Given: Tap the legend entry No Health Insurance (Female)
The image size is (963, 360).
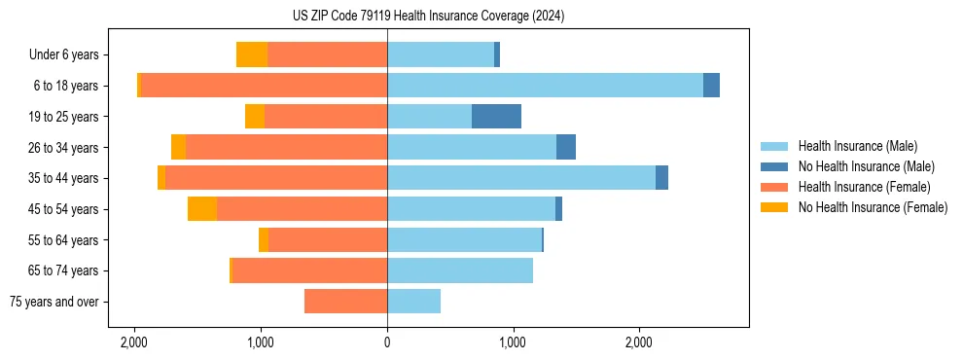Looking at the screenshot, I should point(873,207).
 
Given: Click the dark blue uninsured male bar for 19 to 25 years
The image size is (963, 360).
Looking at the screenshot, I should point(496,117).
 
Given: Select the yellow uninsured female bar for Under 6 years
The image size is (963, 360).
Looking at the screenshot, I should point(252,54).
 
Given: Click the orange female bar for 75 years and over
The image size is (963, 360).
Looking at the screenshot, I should point(345,302).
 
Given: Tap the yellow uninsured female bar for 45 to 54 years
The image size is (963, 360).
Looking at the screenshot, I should point(202,209).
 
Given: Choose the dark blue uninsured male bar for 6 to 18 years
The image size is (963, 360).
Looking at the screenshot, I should point(711,86).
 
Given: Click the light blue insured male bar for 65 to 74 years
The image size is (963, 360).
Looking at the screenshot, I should point(460,270).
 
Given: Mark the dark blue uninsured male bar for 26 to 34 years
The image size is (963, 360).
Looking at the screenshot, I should point(566,147).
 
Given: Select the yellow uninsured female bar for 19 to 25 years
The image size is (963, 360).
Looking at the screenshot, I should point(255,117).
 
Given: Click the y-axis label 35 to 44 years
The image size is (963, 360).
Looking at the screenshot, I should point(62,178).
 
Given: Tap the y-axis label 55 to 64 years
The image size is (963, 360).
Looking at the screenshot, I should point(62,240).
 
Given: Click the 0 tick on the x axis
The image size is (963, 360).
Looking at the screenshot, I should point(387,342).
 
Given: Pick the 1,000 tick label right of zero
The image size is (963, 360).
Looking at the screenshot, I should point(513,342).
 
